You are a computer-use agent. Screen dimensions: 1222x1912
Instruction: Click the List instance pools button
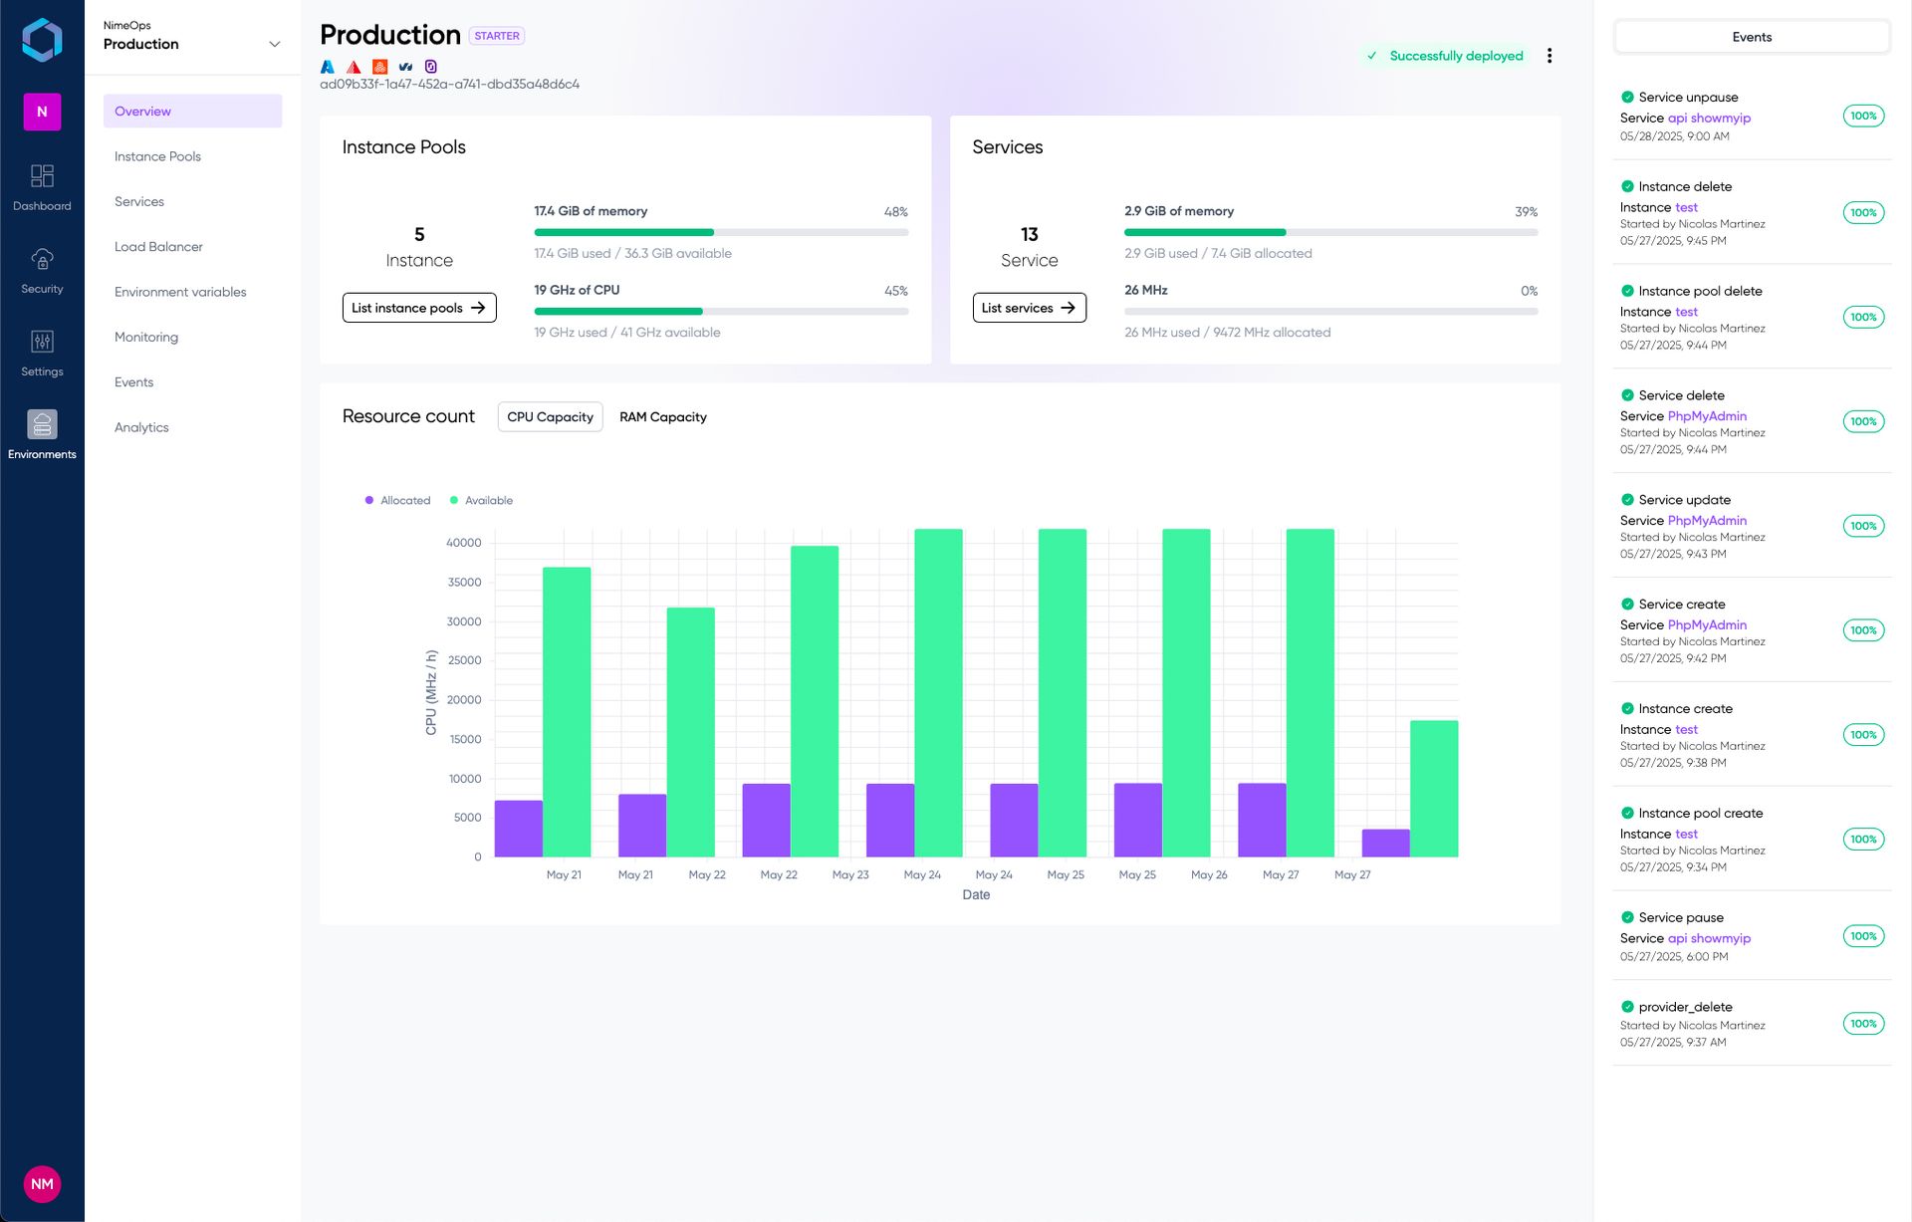[418, 308]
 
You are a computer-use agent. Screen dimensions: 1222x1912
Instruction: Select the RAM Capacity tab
[662, 417]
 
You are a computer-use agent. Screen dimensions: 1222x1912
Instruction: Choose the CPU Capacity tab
[550, 417]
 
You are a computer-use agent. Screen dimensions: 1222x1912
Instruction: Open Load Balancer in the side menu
[158, 247]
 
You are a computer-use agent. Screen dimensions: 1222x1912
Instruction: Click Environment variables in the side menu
[180, 292]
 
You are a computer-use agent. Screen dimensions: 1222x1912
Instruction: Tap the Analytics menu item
[141, 427]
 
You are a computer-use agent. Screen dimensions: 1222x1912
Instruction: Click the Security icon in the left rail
[42, 270]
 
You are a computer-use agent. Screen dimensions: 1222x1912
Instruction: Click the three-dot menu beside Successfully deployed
[1549, 56]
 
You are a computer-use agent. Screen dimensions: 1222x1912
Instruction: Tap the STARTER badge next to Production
[496, 36]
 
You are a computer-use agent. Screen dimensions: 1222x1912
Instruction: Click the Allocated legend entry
[398, 501]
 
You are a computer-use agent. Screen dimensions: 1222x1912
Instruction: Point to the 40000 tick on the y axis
[463, 543]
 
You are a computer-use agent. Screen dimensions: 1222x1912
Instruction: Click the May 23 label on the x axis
[850, 875]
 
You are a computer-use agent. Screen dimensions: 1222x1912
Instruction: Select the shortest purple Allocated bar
[1385, 843]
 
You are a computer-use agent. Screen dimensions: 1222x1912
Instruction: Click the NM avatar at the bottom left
[42, 1184]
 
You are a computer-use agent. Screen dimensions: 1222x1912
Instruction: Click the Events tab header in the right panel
[1752, 38]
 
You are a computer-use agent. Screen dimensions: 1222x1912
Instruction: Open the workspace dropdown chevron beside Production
[275, 44]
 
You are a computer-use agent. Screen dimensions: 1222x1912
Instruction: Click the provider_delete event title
[1685, 1007]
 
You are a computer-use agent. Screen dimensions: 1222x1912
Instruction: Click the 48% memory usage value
[895, 212]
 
